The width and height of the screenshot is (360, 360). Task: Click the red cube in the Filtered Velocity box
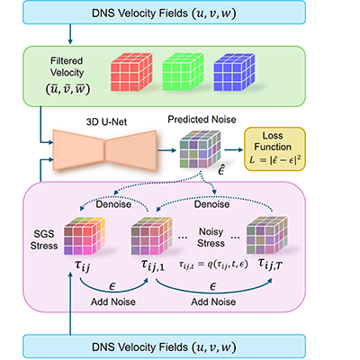[x=131, y=72]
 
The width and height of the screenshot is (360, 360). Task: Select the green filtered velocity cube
[x=183, y=72]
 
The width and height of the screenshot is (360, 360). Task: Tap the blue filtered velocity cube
[x=234, y=72]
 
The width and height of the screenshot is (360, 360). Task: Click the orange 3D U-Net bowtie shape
[x=104, y=150]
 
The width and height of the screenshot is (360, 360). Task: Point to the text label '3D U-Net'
[x=106, y=121]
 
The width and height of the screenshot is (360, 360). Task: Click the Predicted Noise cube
[x=201, y=149]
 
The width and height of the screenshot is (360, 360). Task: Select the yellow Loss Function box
[x=274, y=149]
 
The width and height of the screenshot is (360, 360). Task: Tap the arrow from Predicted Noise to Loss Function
[x=233, y=149]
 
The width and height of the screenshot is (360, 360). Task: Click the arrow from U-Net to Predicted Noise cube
[x=166, y=150]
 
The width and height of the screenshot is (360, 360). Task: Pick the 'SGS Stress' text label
[x=44, y=239]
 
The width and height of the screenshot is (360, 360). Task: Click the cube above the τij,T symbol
[x=267, y=235]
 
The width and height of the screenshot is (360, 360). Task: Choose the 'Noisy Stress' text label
[x=211, y=238]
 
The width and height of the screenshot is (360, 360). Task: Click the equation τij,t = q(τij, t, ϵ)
[x=213, y=265]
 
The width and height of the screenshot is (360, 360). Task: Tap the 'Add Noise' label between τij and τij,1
[x=113, y=301]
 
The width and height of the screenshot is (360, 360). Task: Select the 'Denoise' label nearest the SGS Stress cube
[x=113, y=204]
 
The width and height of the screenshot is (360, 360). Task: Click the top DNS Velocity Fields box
[x=165, y=13]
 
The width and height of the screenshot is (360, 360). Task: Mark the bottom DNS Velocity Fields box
[x=165, y=347]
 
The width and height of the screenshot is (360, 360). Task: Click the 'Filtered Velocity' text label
[x=67, y=67]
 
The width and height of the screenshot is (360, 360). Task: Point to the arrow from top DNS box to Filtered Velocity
[x=70, y=34]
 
